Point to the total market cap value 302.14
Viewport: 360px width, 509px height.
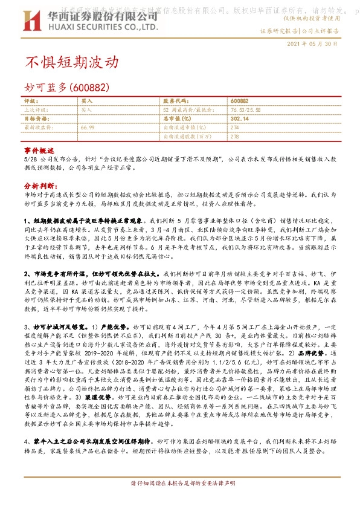[x=239, y=119]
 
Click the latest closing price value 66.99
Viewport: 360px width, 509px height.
[x=87, y=128]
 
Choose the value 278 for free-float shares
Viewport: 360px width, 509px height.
[x=234, y=137]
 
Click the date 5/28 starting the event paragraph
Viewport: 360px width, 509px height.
[x=30, y=159]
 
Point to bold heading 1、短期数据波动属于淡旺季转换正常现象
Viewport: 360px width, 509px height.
[x=84, y=222]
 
